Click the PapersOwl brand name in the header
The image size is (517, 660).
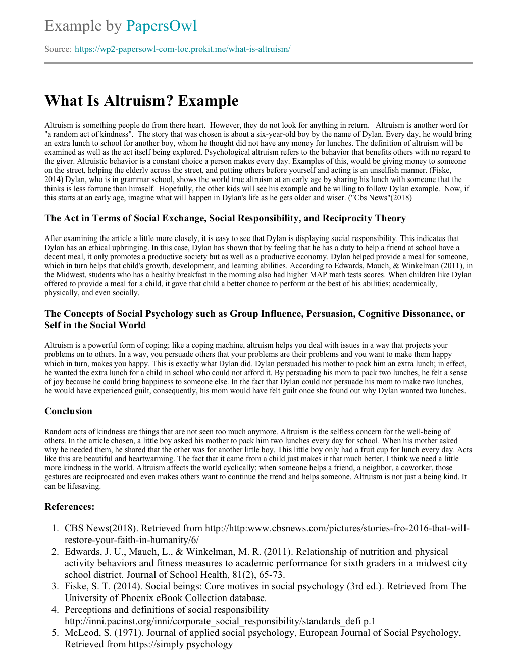pyautogui.click(x=161, y=26)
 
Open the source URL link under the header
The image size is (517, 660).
pyautogui.click(x=182, y=49)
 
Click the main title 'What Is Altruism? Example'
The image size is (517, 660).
pyautogui.click(x=141, y=101)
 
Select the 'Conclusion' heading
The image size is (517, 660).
pyautogui.click(x=68, y=411)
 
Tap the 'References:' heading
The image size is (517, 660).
pyautogui.click(x=69, y=507)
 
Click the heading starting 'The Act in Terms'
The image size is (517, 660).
pyautogui.click(x=225, y=218)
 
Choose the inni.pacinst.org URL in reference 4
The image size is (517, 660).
pyautogui.click(x=220, y=621)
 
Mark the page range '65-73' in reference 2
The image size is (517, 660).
pyautogui.click(x=273, y=575)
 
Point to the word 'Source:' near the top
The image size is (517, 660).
pyautogui.click(x=58, y=49)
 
